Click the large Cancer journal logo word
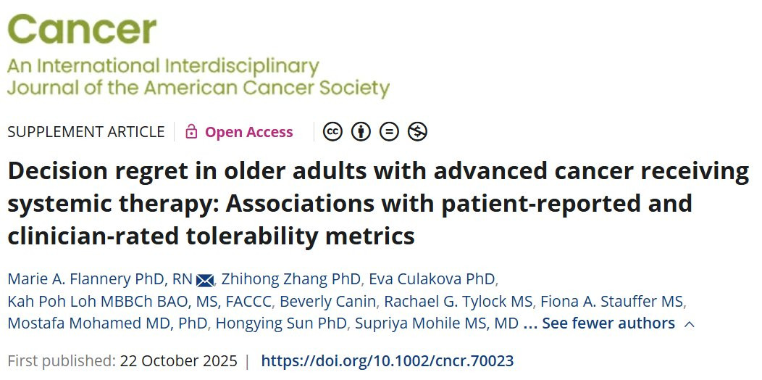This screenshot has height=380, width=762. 82,29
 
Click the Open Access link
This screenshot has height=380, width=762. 249,132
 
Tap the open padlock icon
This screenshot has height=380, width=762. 191,131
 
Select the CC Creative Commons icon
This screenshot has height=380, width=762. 333,132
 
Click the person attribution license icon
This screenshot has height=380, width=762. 361,132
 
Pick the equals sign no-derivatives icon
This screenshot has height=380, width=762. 389,132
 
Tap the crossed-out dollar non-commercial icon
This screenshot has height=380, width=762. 417,132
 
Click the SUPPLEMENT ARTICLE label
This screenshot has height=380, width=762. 86,132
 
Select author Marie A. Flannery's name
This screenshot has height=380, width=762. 100,279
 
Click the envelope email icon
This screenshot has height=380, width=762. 205,280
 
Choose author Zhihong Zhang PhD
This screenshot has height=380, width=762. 292,279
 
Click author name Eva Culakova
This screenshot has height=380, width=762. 432,279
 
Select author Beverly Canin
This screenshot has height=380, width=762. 328,301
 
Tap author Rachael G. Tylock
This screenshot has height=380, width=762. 459,301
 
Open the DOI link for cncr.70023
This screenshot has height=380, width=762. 388,361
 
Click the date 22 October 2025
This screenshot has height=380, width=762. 179,361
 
